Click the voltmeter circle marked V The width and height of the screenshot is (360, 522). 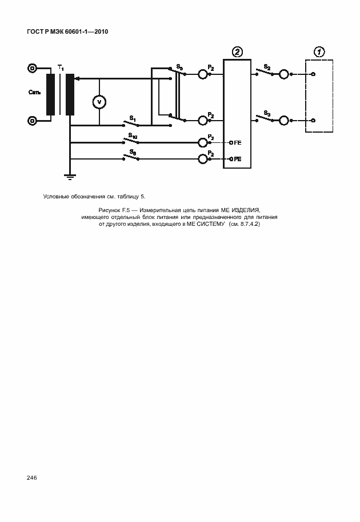point(99,102)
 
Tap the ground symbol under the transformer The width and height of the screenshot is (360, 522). point(70,177)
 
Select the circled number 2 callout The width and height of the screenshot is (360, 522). point(237,52)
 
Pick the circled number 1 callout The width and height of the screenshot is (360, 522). point(319,52)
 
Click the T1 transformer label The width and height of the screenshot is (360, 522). point(61,68)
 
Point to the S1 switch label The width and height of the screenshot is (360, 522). point(133,118)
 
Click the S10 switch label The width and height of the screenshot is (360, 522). point(133,136)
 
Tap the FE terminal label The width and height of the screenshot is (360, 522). point(238,142)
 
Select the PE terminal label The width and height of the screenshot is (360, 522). point(238,159)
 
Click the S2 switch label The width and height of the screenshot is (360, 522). point(267,67)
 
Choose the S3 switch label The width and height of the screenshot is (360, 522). point(267,113)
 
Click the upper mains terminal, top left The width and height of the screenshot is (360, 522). point(32,68)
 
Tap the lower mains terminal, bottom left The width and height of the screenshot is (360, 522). point(32,121)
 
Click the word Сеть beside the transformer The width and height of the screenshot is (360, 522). point(35,92)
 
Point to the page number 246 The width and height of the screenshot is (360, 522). point(31,478)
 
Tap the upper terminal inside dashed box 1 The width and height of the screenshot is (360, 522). point(313,74)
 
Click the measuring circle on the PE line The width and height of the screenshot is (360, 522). point(203,159)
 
